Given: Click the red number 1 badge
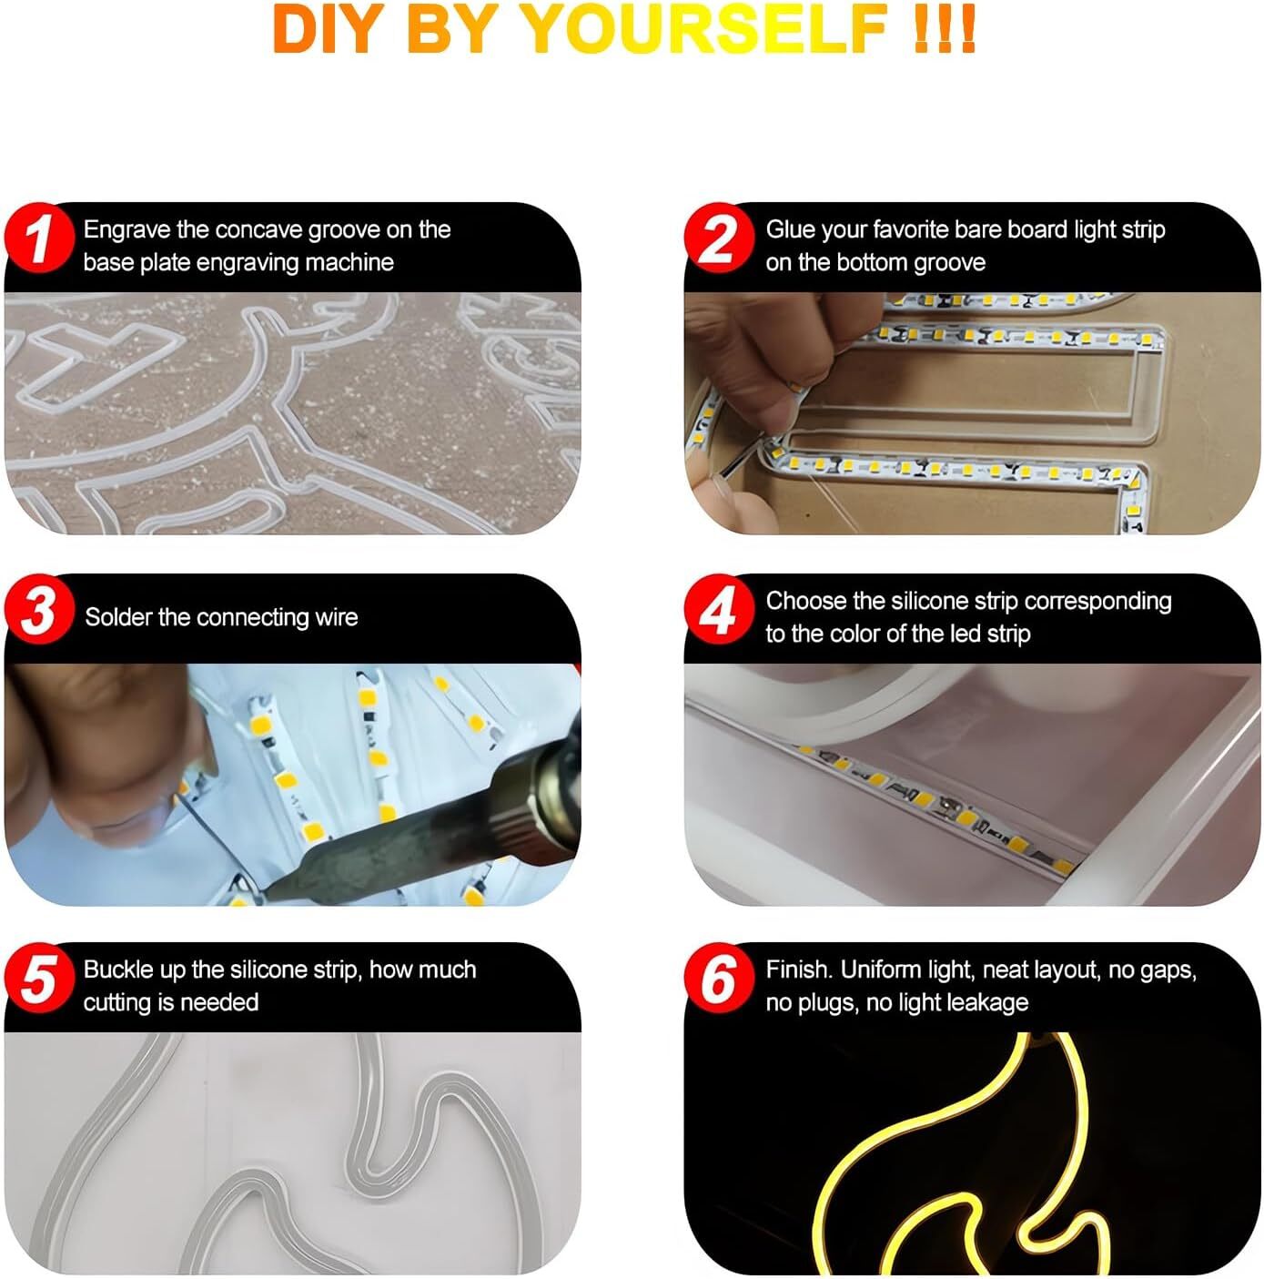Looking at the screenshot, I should pos(39,238).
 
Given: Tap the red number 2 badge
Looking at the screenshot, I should pos(719,238).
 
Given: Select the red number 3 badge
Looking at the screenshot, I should pos(39,609).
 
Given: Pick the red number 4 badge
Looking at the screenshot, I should pos(719,609).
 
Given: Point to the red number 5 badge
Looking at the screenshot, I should pos(39,979).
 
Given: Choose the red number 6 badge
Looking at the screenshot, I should pos(719,979).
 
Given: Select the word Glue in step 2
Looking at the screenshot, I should pos(789,230).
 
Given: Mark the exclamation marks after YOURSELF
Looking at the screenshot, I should pos(943,29).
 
